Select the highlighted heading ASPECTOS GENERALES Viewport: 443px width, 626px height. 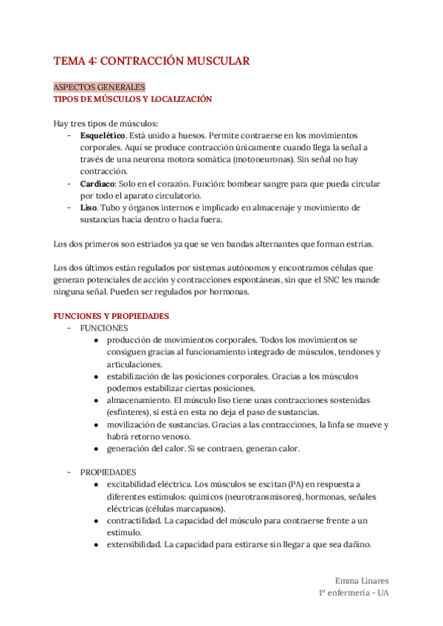tap(100, 86)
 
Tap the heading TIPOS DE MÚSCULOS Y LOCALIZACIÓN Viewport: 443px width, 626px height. tap(133, 98)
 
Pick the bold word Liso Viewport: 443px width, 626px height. tap(88, 208)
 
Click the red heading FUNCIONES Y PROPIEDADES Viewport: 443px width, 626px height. tap(111, 316)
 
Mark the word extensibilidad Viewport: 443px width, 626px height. tap(134, 544)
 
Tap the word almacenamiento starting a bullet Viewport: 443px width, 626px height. tap(142, 400)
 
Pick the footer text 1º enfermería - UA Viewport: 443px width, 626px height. tap(352, 593)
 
